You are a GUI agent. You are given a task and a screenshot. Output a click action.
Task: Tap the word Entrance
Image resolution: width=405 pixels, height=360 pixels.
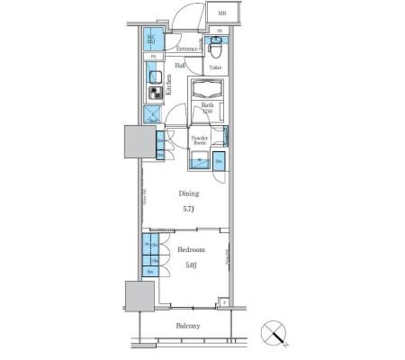click(x=186, y=49)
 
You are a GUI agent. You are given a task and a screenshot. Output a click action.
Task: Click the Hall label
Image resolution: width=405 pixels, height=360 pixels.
click(x=180, y=65)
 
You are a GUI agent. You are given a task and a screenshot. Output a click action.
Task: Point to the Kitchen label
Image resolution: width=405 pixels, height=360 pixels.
click(x=169, y=84)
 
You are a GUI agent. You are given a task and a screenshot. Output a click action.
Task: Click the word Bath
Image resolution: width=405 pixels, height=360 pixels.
click(x=207, y=105)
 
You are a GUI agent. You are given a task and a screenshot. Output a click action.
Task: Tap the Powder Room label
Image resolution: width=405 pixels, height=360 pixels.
click(x=199, y=140)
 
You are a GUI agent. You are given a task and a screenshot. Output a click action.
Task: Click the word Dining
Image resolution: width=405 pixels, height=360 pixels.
click(x=189, y=194)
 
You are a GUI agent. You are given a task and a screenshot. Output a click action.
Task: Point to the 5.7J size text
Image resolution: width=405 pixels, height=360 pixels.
click(x=189, y=209)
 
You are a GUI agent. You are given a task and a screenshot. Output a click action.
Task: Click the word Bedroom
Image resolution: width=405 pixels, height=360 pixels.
click(x=190, y=250)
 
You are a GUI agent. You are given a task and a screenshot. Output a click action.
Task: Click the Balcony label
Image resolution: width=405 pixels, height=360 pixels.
click(x=187, y=326)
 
